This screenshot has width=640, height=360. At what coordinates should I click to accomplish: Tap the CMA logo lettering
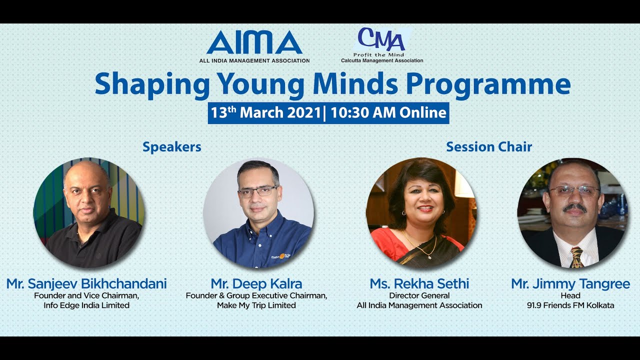[x=381, y=39]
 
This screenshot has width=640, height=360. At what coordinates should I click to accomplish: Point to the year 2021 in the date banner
[x=303, y=112]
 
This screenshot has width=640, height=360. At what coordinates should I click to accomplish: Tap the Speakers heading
[x=172, y=147]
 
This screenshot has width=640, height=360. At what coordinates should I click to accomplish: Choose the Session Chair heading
[x=489, y=147]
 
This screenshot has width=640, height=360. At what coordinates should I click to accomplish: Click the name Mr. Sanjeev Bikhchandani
[x=86, y=284]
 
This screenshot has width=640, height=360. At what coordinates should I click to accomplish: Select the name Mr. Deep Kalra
[x=256, y=284]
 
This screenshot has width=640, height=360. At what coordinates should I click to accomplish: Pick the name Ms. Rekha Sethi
[x=419, y=284]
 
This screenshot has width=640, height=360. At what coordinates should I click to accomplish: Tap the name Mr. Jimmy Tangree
[x=570, y=284]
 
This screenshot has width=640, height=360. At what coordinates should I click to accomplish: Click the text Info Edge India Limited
[x=86, y=305]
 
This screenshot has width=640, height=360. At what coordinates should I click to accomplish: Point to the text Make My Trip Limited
[x=256, y=305]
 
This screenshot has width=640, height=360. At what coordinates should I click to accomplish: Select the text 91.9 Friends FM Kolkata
[x=570, y=305]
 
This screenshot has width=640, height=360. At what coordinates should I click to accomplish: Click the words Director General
[x=419, y=295]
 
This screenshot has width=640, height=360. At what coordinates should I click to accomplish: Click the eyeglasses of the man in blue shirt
[x=257, y=191]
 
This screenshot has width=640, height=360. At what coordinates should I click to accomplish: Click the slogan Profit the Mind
[x=378, y=54]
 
